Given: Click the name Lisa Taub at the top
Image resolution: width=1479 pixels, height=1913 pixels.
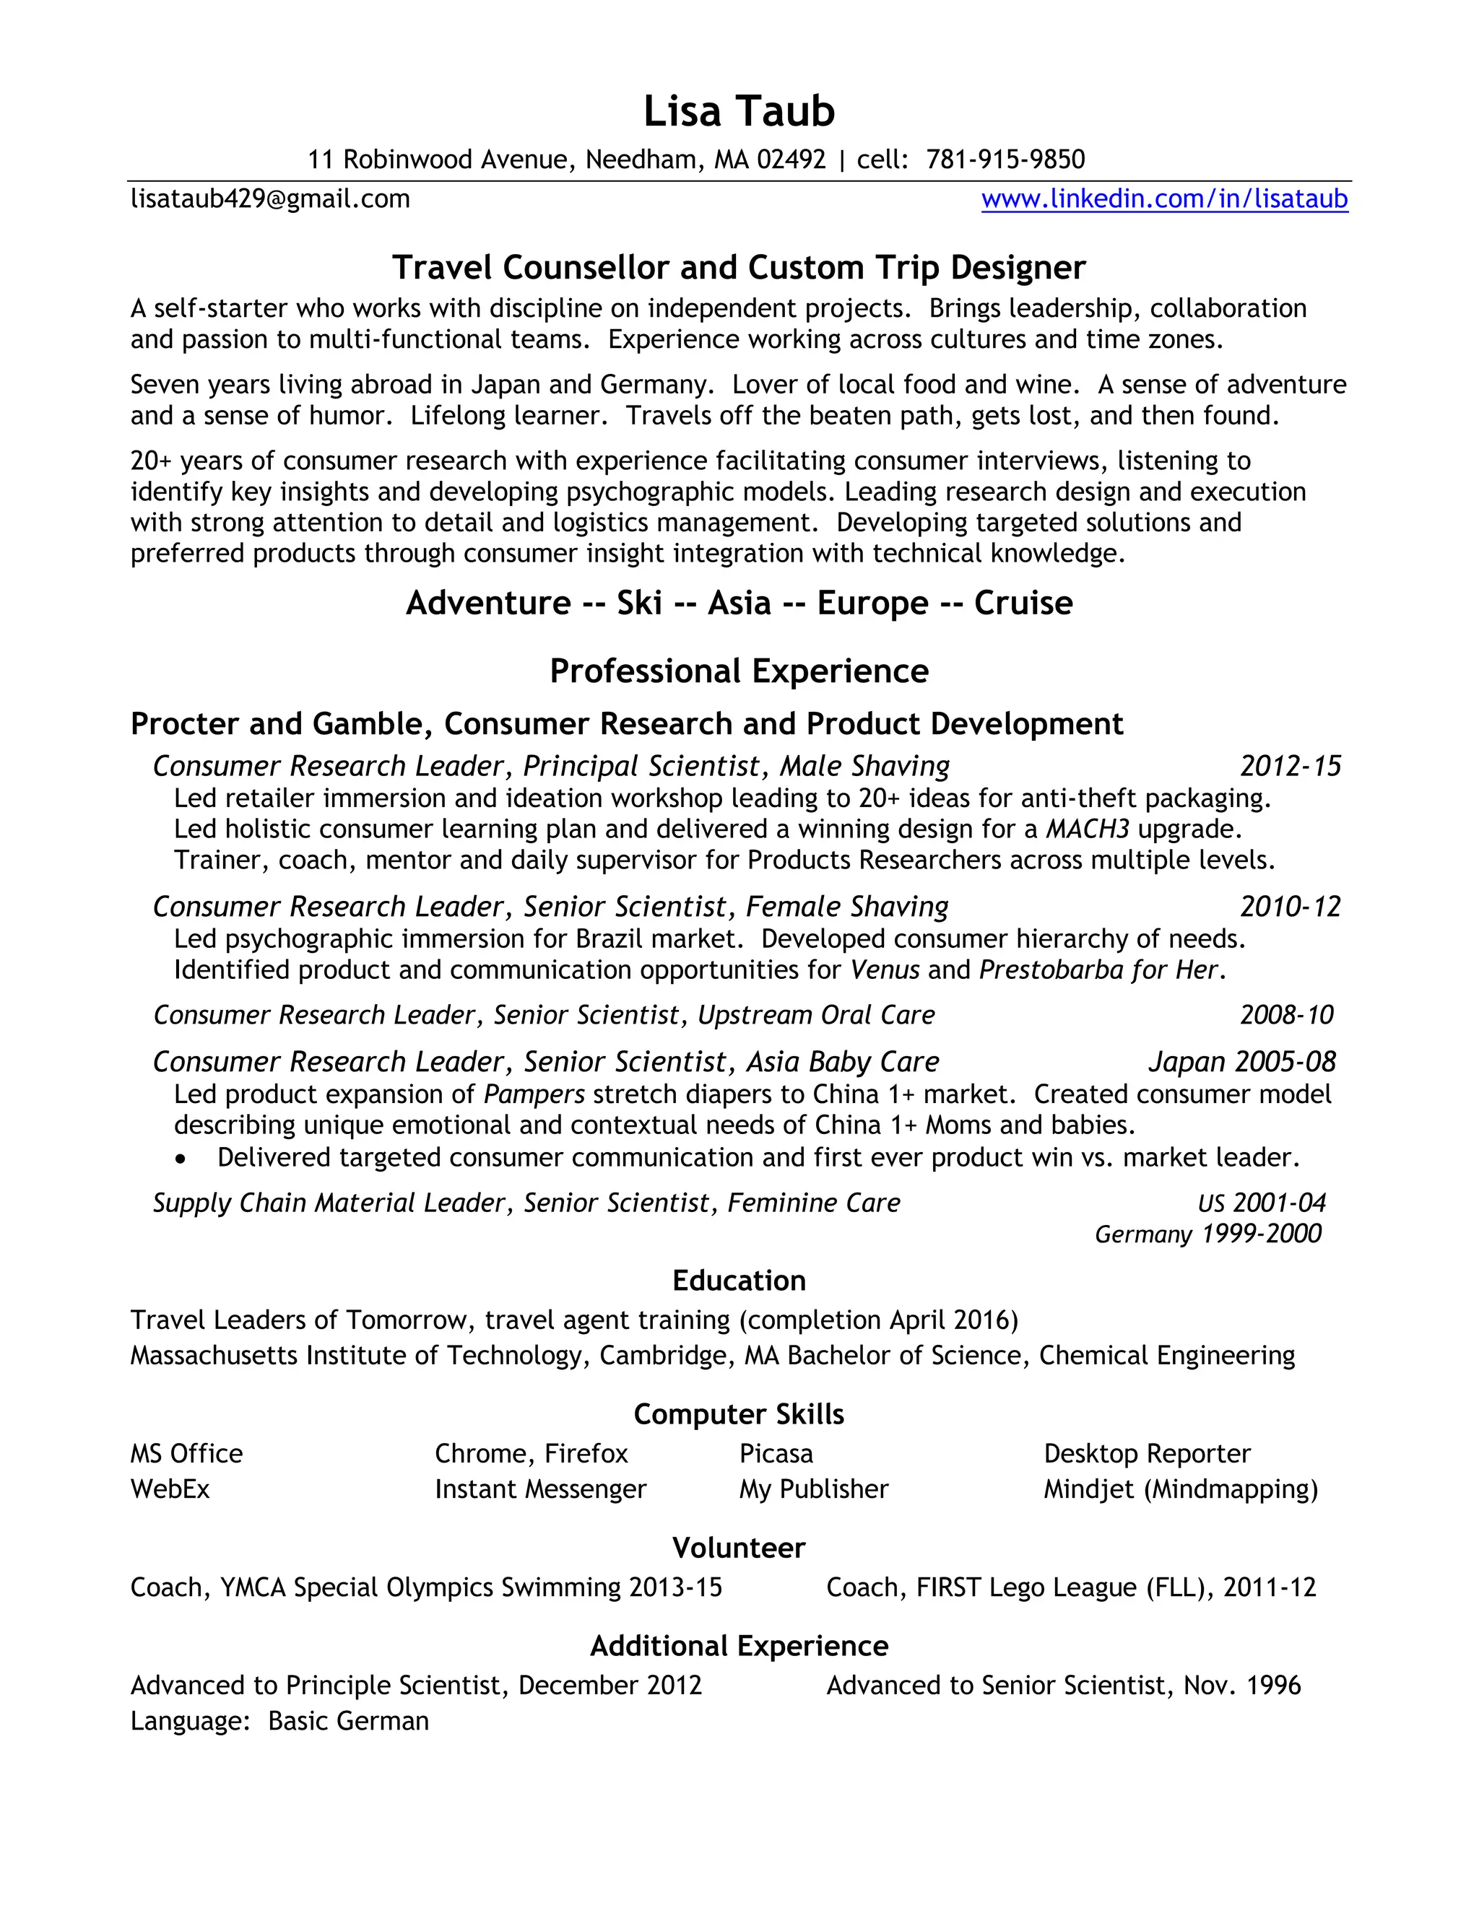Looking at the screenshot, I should [739, 112].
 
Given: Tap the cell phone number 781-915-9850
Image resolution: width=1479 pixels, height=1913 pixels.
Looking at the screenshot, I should [1005, 160].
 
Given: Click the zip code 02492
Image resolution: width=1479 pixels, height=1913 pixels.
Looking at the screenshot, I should [791, 160].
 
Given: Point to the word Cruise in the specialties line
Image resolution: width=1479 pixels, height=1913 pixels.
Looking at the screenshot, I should [1023, 603].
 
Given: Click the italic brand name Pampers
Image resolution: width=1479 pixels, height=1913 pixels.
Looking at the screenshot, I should [534, 1094].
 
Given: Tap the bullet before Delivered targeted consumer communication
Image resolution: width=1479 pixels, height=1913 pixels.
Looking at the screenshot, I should [181, 1159].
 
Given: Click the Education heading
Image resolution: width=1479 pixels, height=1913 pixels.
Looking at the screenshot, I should [739, 1281].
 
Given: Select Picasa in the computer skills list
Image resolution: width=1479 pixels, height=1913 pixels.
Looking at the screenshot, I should [776, 1453].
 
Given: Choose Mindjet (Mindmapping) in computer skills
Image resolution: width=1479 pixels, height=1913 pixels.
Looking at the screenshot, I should [1180, 1489].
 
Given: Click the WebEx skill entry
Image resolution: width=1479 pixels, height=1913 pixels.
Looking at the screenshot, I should [170, 1489].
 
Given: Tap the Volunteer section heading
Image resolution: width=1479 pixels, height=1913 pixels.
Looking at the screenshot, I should [739, 1548].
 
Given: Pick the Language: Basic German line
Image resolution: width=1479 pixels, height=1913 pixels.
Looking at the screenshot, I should [279, 1721].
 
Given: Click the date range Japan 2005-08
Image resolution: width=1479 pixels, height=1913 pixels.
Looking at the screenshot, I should [1241, 1062].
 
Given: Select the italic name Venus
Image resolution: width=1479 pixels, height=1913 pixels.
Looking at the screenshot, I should [884, 969].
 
